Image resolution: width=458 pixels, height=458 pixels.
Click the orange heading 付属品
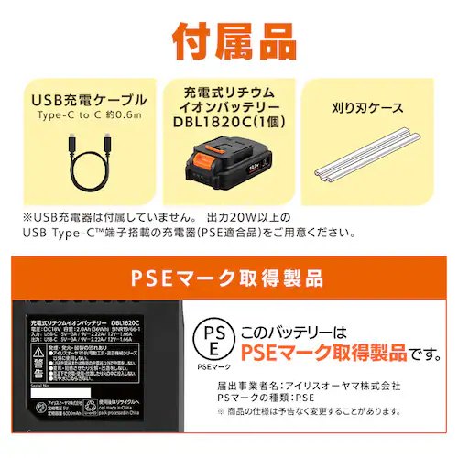[229, 41]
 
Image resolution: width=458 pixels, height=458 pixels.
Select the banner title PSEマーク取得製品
[228, 276]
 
